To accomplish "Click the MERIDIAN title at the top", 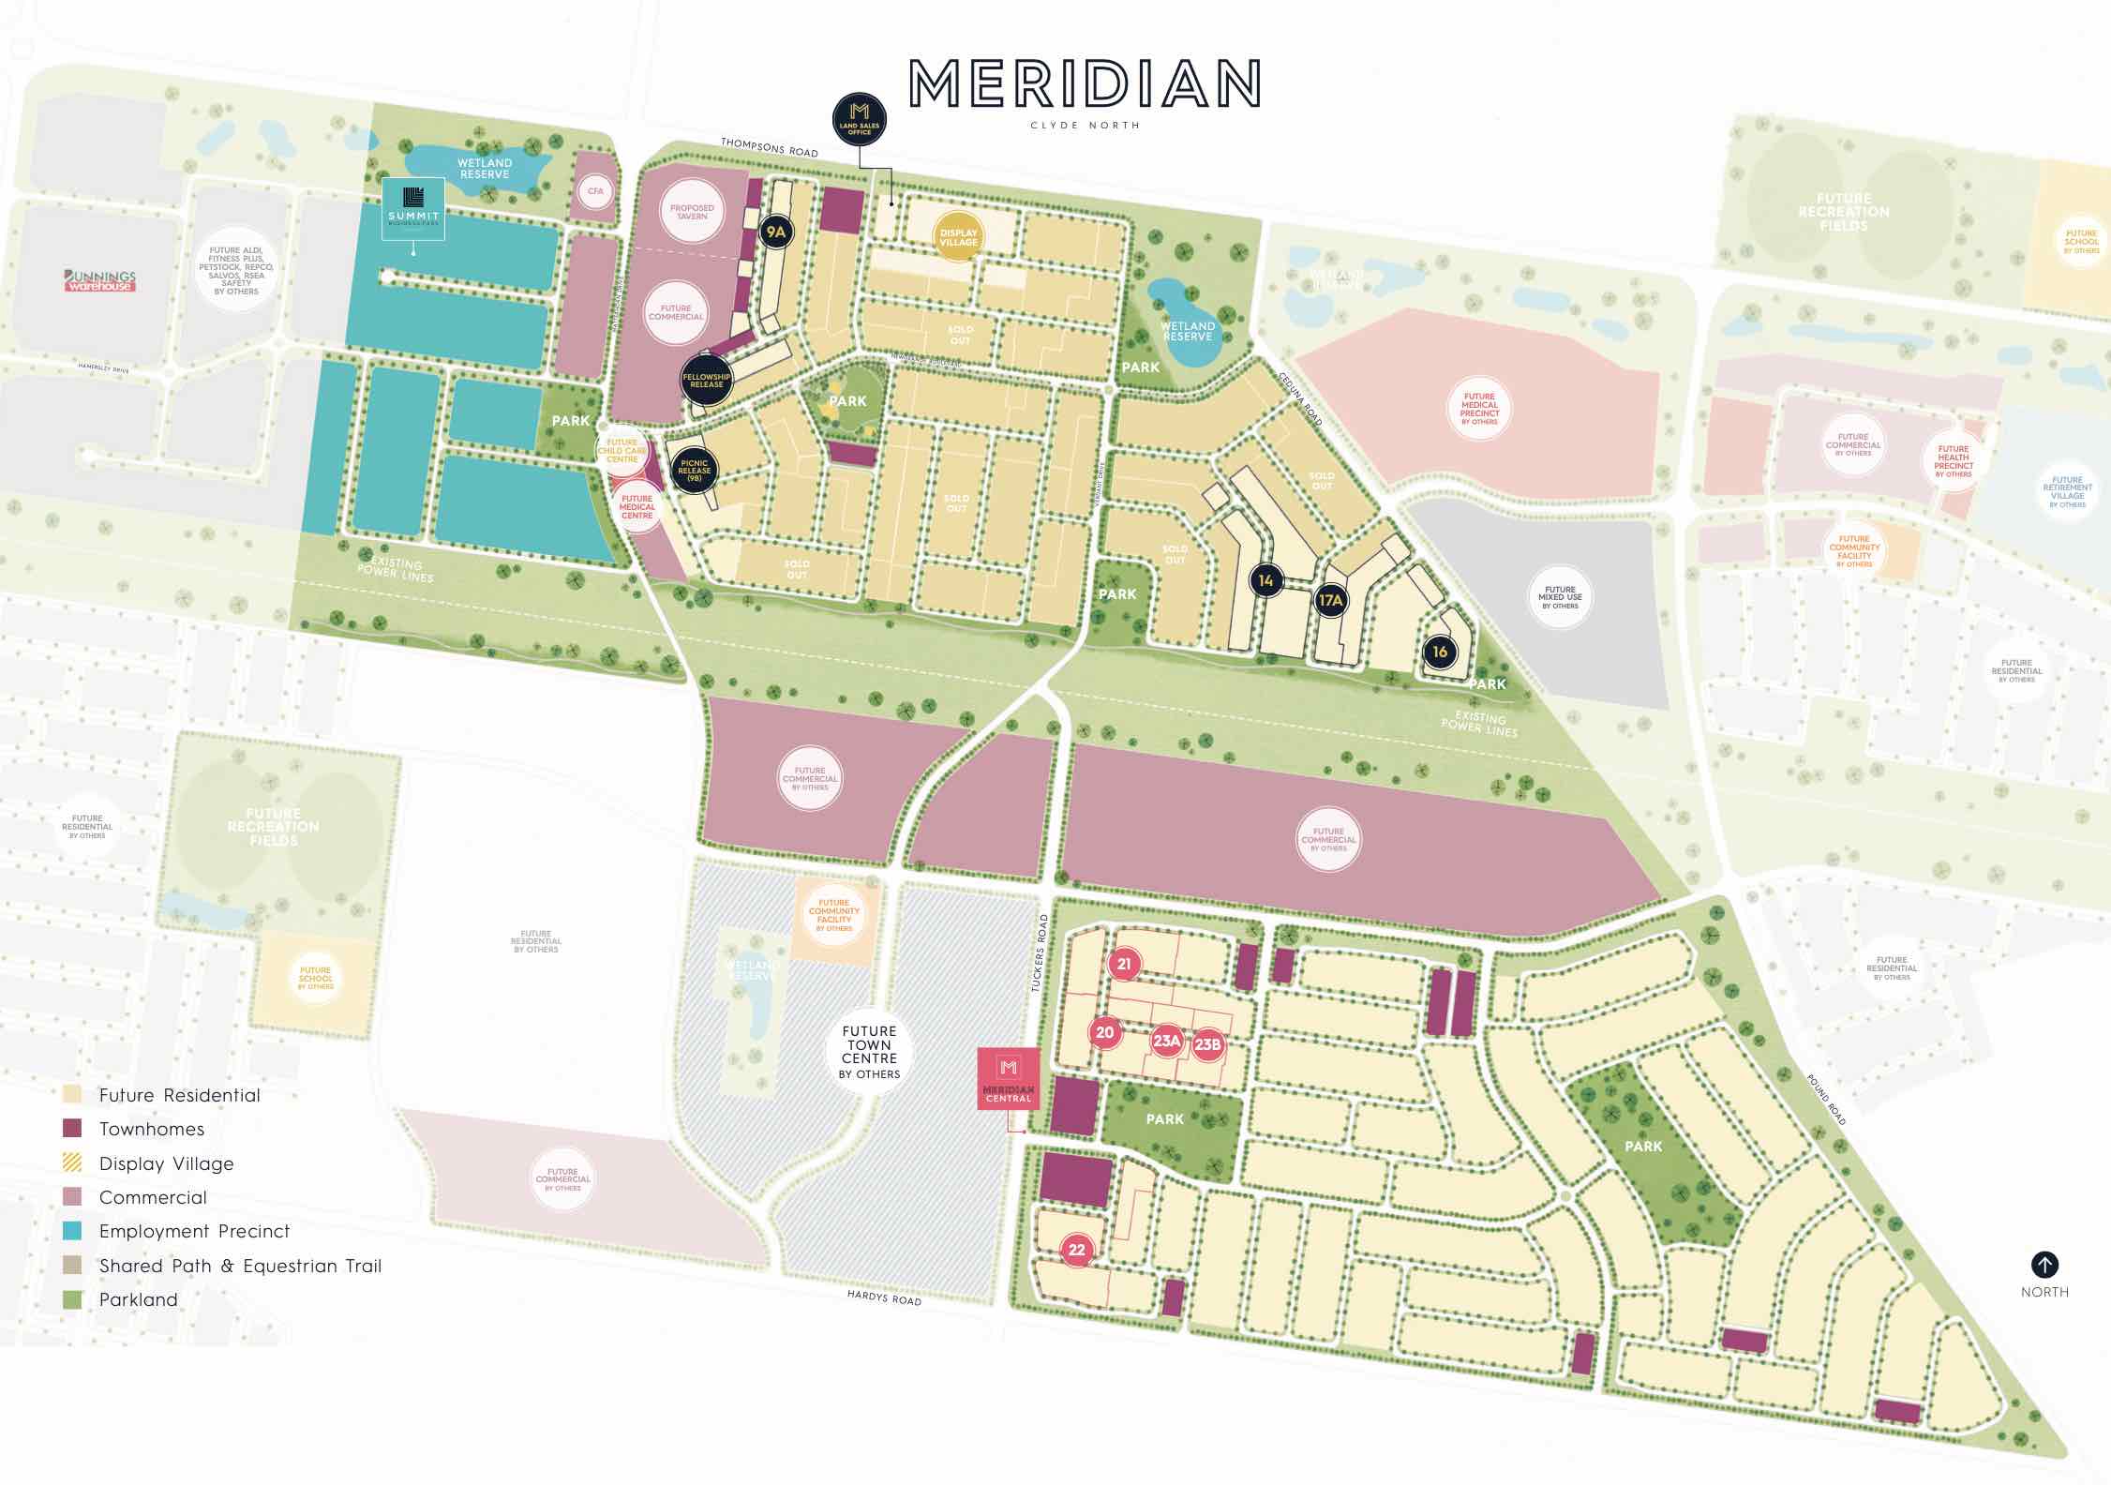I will click(x=1085, y=84).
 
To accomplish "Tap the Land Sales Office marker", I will click(x=860, y=120).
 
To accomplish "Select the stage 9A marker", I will click(x=775, y=232).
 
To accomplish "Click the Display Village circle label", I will click(x=958, y=237).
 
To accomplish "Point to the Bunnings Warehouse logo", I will click(x=100, y=280).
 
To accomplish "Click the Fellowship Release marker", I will click(x=706, y=380).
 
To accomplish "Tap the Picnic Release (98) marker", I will click(x=695, y=470).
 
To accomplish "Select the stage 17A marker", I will click(x=1330, y=600).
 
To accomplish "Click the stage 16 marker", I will click(x=1440, y=652).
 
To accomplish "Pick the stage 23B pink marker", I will click(x=1207, y=1044).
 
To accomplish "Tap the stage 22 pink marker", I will click(x=1077, y=1250).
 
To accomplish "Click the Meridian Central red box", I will click(x=1009, y=1078).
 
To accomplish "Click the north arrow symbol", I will click(x=2044, y=1265).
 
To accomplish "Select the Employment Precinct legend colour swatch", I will click(x=72, y=1231).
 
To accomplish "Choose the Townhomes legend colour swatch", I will click(x=72, y=1129).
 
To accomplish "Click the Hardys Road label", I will click(x=883, y=1298).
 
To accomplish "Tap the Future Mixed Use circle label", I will click(x=1560, y=597).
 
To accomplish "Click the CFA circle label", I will click(x=596, y=191).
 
